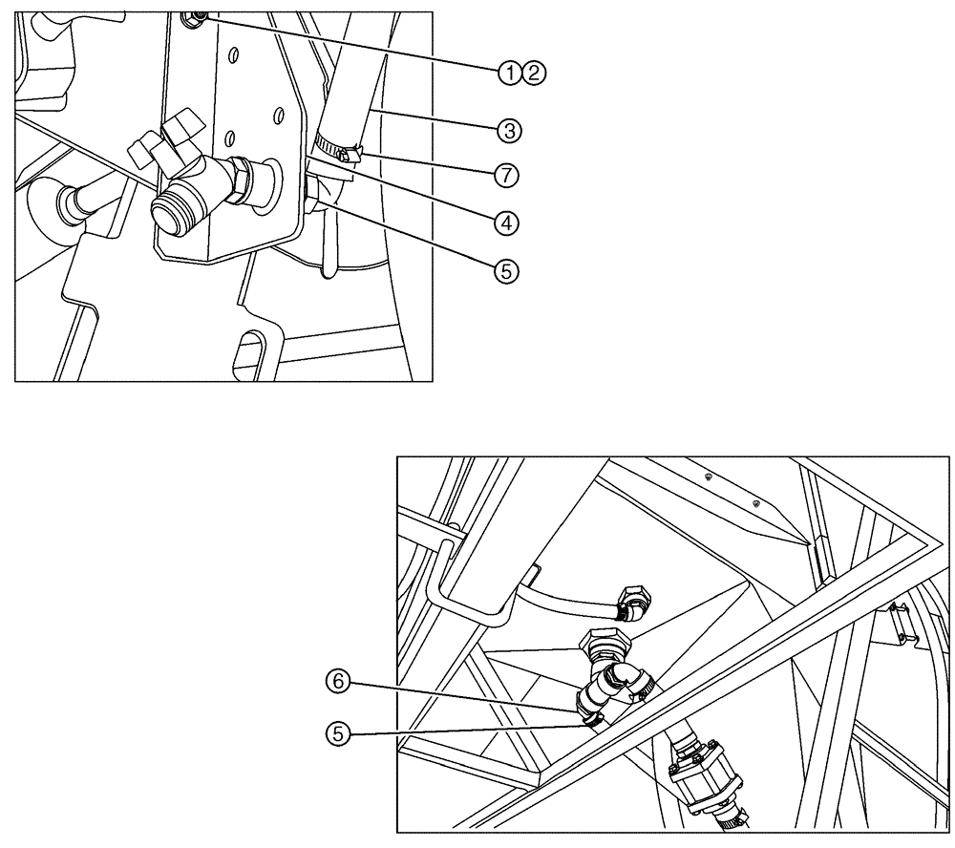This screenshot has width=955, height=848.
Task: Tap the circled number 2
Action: (532, 72)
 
